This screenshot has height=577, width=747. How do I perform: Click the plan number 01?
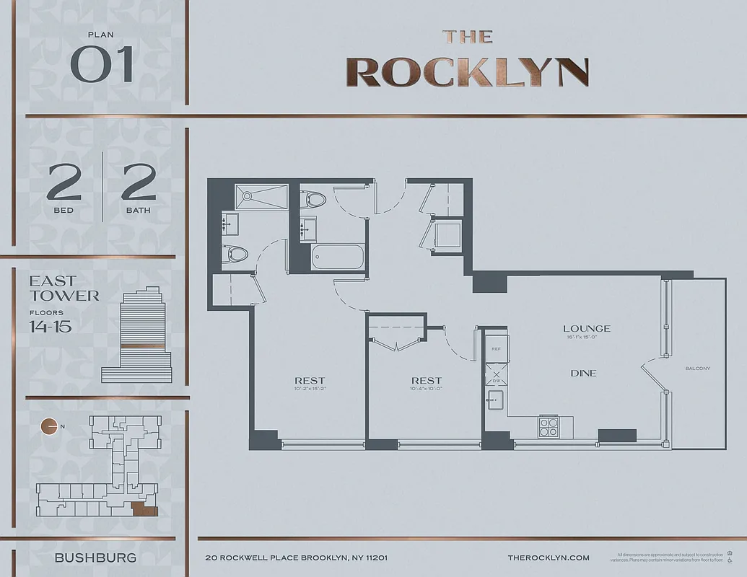click(x=102, y=64)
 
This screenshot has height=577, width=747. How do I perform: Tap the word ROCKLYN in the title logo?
click(x=468, y=71)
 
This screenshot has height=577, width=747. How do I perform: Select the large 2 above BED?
click(x=64, y=182)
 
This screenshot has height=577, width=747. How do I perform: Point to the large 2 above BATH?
click(x=139, y=182)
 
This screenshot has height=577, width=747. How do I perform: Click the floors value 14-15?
click(x=50, y=326)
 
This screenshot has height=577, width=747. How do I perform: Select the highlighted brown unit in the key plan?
click(x=145, y=511)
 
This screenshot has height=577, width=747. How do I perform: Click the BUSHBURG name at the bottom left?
click(x=95, y=558)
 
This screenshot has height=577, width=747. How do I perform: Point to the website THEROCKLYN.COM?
click(x=549, y=558)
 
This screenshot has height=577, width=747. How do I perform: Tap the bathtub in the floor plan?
click(x=338, y=257)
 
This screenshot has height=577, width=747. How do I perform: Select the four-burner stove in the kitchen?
click(x=549, y=427)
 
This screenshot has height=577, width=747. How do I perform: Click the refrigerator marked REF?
click(x=496, y=348)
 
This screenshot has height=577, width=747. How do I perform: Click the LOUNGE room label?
click(x=586, y=329)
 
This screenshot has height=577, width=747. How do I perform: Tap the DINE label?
click(x=583, y=373)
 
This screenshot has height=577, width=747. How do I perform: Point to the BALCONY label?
click(x=697, y=369)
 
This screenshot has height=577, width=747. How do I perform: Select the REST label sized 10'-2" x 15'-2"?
click(x=309, y=381)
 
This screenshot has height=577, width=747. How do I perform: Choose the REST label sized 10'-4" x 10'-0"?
click(x=426, y=381)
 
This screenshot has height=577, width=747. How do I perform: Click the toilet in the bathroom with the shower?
click(x=235, y=254)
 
